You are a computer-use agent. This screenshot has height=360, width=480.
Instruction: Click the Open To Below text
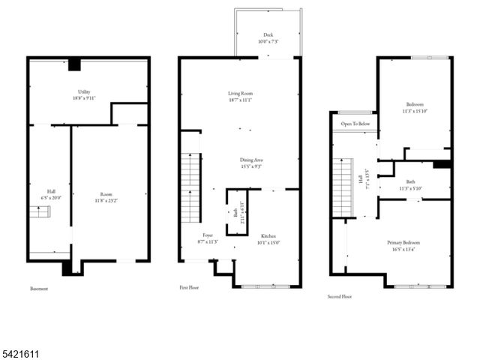[355, 124]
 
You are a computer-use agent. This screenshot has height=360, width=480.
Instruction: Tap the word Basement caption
[39, 288]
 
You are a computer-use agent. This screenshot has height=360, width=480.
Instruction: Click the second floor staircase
[343, 187]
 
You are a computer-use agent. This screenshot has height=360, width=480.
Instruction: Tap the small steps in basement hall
[40, 214]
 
